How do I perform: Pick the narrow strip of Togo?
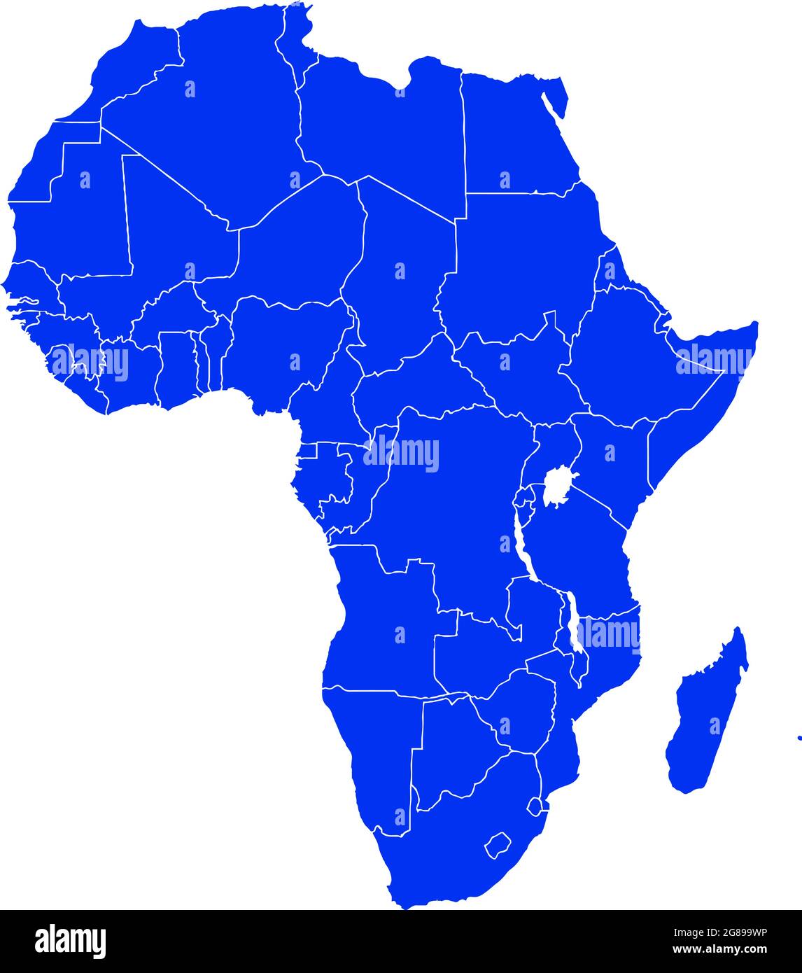204,360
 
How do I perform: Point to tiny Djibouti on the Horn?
661,324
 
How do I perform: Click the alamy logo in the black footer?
71,941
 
